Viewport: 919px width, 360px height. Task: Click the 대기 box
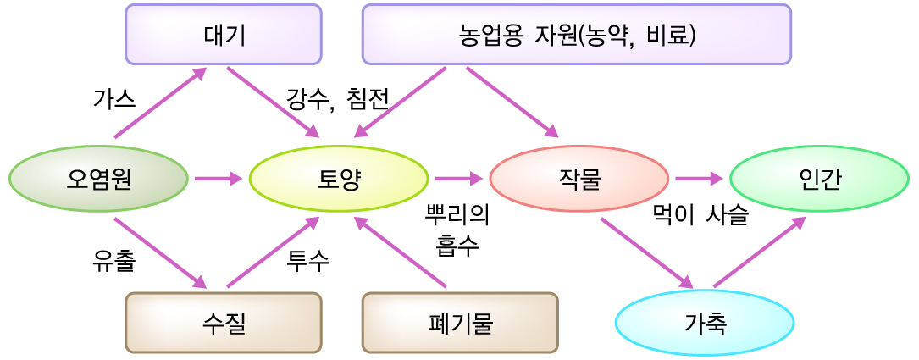click(x=224, y=35)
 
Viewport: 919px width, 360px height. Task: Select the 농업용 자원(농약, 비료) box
click(x=576, y=35)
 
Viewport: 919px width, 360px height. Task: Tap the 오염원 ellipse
click(x=98, y=179)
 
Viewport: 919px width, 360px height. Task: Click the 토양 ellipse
click(x=339, y=179)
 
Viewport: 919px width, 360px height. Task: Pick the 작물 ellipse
click(x=579, y=179)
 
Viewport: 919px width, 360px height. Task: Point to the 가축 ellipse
click(x=704, y=322)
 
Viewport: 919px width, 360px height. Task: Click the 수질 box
click(x=224, y=322)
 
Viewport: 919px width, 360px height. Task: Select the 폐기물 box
click(x=460, y=322)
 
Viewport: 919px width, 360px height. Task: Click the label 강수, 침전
click(x=337, y=99)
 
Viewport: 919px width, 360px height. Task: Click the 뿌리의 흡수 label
click(x=457, y=230)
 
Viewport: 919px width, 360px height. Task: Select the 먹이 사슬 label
click(x=700, y=215)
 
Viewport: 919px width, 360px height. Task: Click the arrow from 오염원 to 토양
click(x=219, y=179)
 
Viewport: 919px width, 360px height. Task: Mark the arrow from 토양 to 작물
click(x=458, y=179)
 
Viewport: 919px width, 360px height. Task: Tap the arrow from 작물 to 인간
click(x=699, y=179)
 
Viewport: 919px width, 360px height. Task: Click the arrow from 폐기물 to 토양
click(x=400, y=252)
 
